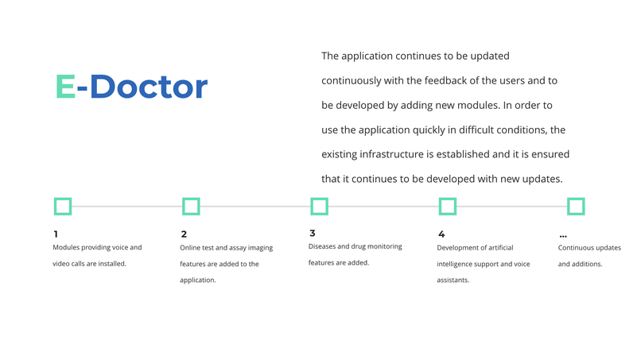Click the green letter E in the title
(x=65, y=87)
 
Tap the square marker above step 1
(x=63, y=207)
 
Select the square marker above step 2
(x=191, y=207)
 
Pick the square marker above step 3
(x=319, y=207)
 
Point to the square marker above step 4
(x=448, y=207)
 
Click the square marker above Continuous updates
(x=576, y=207)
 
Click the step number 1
(x=56, y=234)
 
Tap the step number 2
(x=184, y=234)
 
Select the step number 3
(x=313, y=234)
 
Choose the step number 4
(x=441, y=234)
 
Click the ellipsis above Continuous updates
(x=563, y=236)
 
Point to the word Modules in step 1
(x=68, y=247)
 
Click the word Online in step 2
(x=192, y=248)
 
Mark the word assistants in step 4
(x=453, y=280)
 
